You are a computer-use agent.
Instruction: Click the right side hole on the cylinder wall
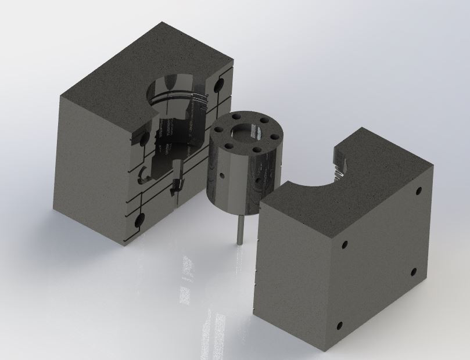256,180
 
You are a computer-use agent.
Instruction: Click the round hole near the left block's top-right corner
219,85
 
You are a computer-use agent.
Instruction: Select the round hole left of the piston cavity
141,139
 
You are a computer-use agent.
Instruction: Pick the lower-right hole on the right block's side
414,271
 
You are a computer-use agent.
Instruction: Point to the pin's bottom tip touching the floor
239,242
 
